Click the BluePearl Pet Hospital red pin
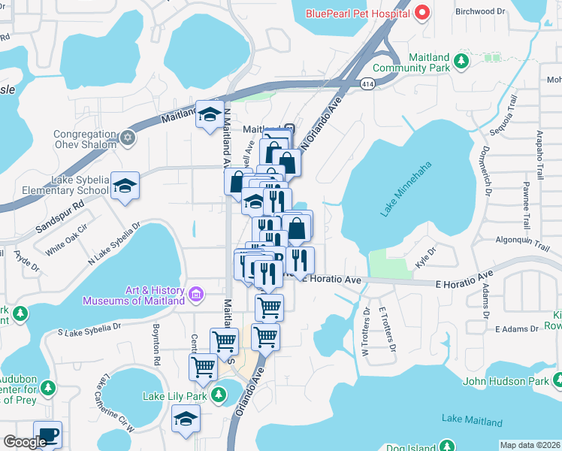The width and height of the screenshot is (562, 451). tap(421, 13)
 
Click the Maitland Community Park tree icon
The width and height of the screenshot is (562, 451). tap(464, 62)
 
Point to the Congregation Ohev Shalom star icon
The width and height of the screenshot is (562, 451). tap(128, 138)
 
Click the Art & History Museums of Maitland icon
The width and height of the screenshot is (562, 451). tap(196, 293)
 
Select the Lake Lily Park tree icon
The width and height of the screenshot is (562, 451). tap(219, 394)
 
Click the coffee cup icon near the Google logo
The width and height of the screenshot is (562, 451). tap(48, 434)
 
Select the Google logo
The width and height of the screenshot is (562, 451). tap(24, 442)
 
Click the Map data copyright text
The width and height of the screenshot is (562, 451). tap(529, 445)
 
